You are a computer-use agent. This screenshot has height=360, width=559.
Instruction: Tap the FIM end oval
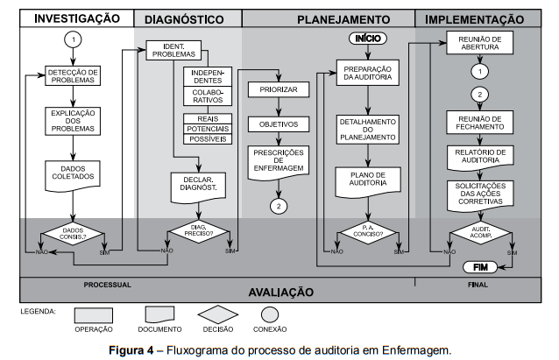(x=479, y=266)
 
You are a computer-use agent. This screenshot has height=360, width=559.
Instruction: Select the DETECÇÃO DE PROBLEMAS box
(x=74, y=76)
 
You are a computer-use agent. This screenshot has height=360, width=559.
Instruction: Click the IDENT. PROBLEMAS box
(x=174, y=50)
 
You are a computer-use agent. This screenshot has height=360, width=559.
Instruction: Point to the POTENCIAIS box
(x=207, y=129)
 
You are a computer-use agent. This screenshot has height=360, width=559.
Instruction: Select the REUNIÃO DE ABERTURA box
(x=478, y=43)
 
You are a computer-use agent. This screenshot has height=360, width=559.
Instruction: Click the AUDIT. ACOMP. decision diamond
(x=478, y=233)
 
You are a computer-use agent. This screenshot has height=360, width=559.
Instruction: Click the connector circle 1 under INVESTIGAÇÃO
(x=74, y=40)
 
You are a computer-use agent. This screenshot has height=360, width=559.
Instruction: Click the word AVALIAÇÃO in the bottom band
(x=280, y=292)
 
